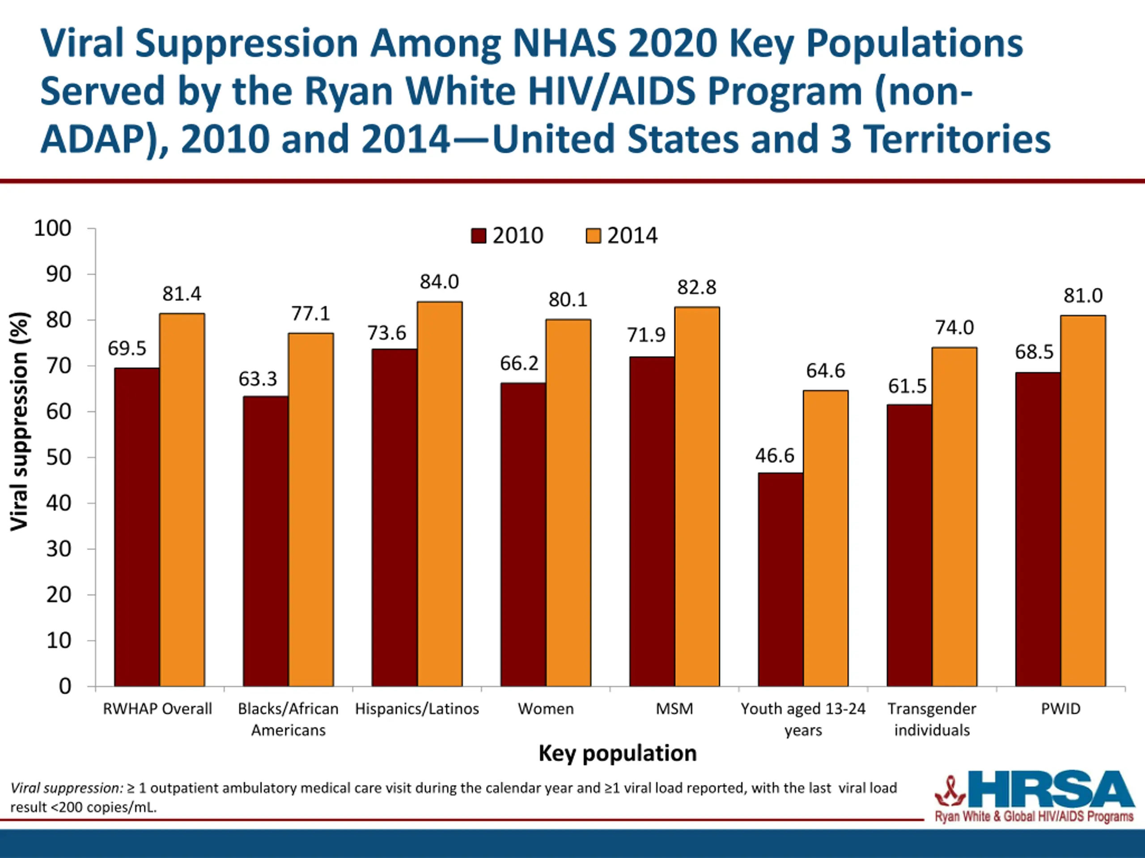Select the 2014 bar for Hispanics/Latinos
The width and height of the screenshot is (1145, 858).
tap(440, 494)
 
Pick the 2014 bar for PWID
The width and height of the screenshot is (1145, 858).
tap(1083, 500)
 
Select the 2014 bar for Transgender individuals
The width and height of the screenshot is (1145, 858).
tap(954, 517)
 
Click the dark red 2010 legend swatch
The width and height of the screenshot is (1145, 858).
tap(478, 236)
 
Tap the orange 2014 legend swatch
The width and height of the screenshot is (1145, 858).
tap(593, 236)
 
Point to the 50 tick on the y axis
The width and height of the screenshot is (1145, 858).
tap(59, 457)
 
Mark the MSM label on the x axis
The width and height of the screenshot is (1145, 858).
tap(674, 709)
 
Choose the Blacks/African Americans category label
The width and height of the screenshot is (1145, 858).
tap(288, 719)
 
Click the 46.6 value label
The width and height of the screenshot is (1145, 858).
tap(774, 456)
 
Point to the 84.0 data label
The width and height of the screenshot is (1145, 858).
tap(439, 282)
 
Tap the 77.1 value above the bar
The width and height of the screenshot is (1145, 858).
tap(310, 313)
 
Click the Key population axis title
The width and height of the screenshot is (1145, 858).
tap(618, 753)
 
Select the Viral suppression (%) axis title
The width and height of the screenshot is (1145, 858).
tap(20, 421)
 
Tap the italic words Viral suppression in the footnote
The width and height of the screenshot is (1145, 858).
tap(66, 788)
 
